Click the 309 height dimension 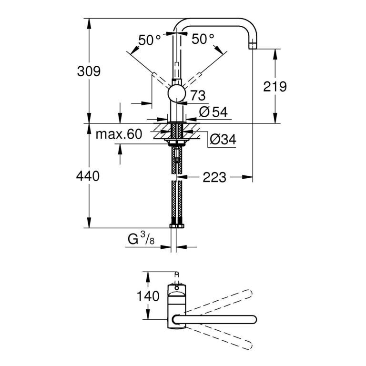(x=89, y=71)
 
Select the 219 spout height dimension (x=274, y=87)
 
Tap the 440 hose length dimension (x=88, y=176)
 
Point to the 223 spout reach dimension (x=214, y=177)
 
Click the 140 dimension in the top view (x=148, y=296)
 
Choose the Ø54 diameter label (x=213, y=112)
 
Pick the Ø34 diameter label (x=223, y=139)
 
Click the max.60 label (x=119, y=134)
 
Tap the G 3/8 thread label (x=141, y=239)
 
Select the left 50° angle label (x=149, y=40)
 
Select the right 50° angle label (x=203, y=39)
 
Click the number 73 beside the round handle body (x=198, y=95)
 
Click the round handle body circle (x=177, y=94)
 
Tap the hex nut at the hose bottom (x=177, y=226)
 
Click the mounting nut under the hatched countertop (x=177, y=142)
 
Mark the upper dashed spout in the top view (x=219, y=301)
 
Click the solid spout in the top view (x=214, y=320)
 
